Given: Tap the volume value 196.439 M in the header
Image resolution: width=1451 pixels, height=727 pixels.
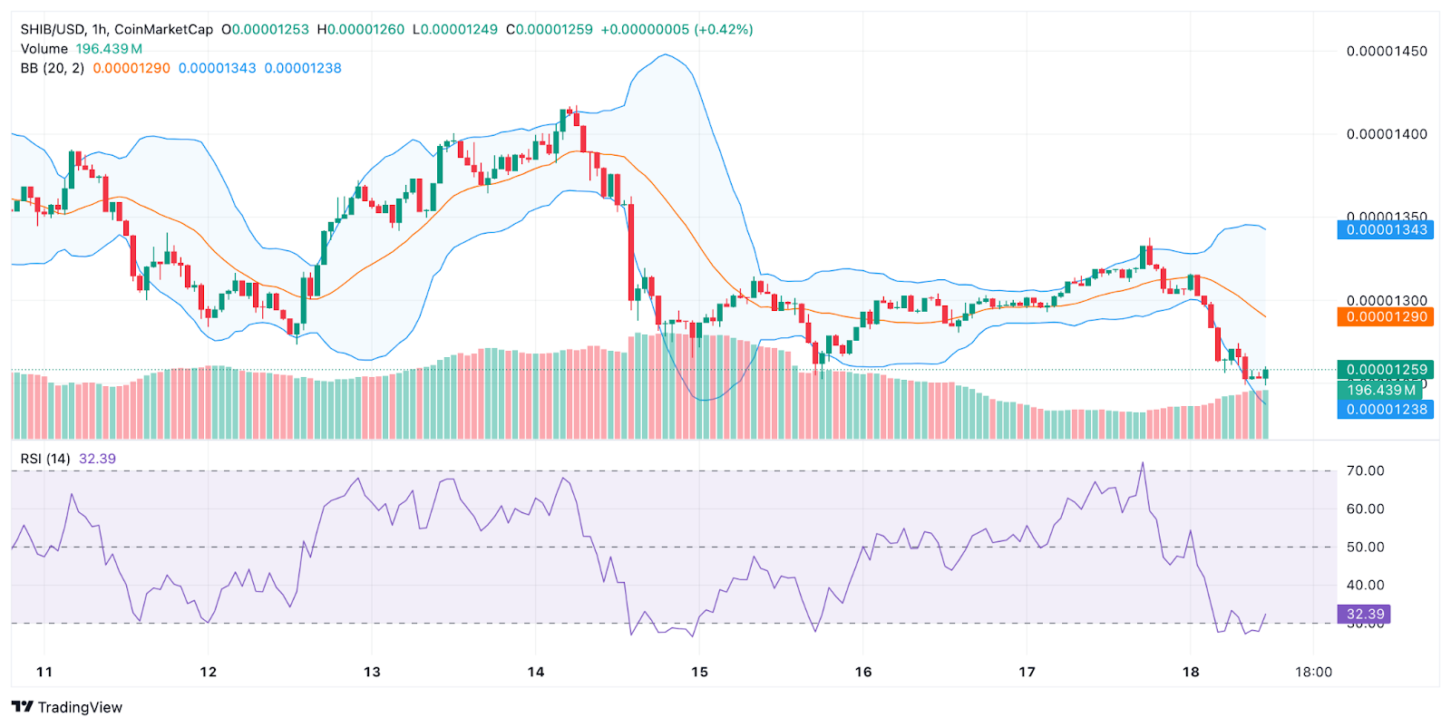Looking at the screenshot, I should click(x=109, y=49).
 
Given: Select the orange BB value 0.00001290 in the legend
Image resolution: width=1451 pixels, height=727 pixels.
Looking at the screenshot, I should click(x=131, y=68).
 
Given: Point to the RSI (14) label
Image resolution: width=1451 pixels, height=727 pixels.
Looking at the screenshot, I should click(x=45, y=459).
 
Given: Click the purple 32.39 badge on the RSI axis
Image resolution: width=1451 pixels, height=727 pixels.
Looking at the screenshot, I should click(x=1364, y=615).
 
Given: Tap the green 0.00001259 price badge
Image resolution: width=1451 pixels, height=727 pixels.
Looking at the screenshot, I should click(x=1386, y=370).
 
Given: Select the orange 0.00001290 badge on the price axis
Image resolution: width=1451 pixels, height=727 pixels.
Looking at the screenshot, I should click(x=1386, y=317).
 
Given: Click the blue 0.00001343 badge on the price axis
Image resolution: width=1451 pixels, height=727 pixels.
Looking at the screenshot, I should click(x=1386, y=230).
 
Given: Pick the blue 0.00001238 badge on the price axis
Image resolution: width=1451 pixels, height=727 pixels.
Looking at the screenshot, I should click(x=1386, y=410).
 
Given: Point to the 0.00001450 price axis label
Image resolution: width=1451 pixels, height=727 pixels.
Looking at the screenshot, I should click(x=1387, y=51).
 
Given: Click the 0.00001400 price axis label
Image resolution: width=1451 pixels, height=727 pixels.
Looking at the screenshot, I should click(x=1387, y=134).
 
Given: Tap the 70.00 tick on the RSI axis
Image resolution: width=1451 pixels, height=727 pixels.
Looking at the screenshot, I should click(x=1365, y=471).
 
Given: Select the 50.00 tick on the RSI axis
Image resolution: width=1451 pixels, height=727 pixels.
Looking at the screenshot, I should click(x=1365, y=548).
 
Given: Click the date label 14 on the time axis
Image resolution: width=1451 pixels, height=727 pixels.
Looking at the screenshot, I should click(x=536, y=672).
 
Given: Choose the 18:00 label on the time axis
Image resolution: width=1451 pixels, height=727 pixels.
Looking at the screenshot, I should click(x=1313, y=672).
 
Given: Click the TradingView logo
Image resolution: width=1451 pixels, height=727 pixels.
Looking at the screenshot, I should click(x=67, y=707).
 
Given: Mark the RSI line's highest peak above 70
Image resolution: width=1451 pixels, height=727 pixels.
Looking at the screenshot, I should click(x=1143, y=463).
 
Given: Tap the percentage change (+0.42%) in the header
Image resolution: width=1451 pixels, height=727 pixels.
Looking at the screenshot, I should click(x=724, y=29).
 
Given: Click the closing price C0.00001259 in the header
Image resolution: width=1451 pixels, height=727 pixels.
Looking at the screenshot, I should click(x=550, y=29).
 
